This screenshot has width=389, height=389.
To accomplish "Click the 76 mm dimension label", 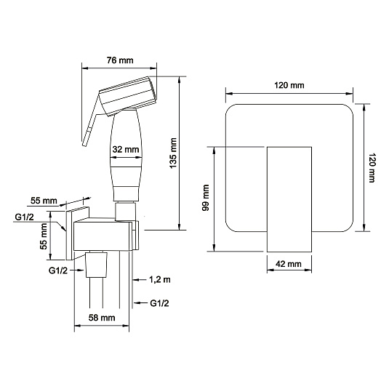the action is click(x=120, y=60).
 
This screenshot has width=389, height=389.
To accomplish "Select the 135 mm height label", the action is click(x=173, y=153).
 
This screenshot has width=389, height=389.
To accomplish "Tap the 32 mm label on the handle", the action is click(x=126, y=149).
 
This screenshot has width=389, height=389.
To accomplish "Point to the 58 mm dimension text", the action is click(x=102, y=318).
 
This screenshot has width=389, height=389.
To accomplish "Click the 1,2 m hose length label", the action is click(x=159, y=280).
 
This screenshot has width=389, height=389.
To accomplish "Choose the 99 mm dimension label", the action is click(x=206, y=198).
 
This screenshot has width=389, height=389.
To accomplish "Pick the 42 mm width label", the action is click(x=289, y=264).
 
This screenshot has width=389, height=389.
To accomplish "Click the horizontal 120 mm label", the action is click(x=289, y=85).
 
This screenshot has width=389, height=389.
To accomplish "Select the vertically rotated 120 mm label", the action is click(x=372, y=168).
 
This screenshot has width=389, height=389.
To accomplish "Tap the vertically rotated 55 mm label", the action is click(x=43, y=236).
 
